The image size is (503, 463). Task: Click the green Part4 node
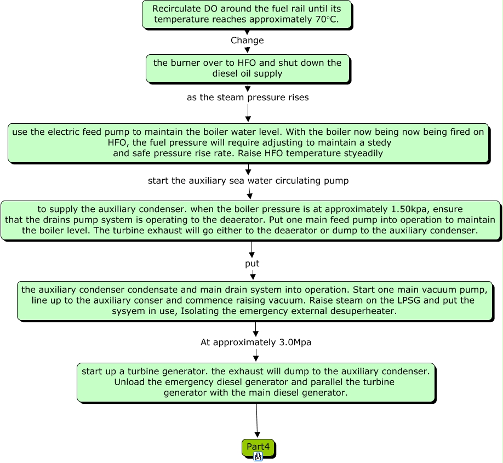pos(258,447)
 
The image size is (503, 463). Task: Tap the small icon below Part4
pos(258,456)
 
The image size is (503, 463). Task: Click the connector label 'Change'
pos(247,41)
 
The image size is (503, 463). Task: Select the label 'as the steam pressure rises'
pos(248,98)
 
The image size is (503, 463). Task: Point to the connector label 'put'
pos(252,264)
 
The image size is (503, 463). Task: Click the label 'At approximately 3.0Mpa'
pos(256,342)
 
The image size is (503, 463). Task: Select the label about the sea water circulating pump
pos(248,181)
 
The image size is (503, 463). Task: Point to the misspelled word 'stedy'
pos(380,143)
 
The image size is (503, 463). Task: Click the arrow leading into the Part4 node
pos(257,421)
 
